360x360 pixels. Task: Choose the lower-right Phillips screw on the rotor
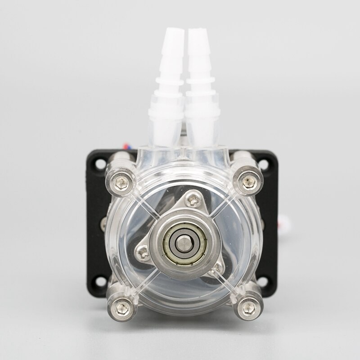tap(217, 268)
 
